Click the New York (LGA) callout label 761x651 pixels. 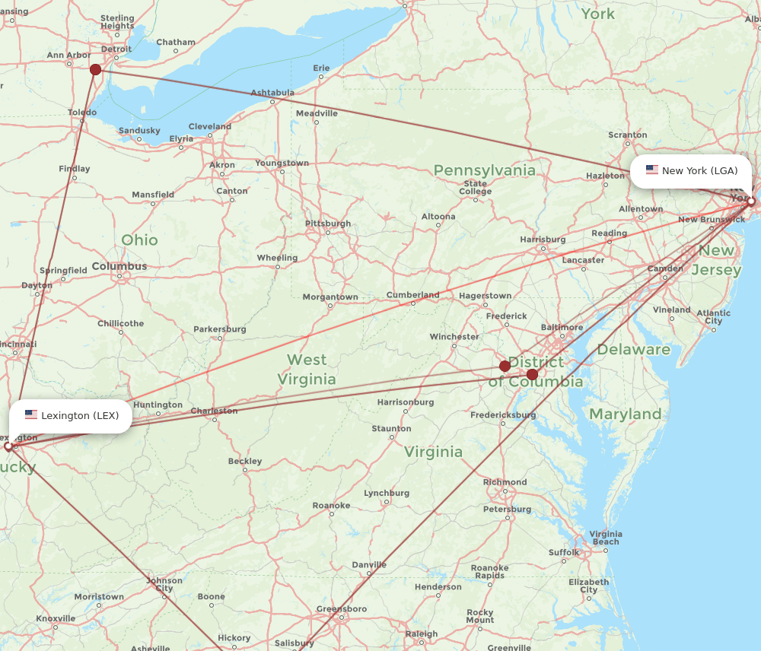[x=691, y=171]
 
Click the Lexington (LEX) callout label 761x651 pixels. [x=71, y=416]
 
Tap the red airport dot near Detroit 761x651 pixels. [x=95, y=70]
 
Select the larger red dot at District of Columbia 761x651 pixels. [x=532, y=374]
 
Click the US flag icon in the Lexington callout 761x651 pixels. [x=31, y=415]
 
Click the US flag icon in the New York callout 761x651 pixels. [x=652, y=170]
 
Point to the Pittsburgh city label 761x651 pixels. [x=328, y=224]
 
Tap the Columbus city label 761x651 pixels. [x=119, y=266]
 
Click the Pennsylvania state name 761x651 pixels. [x=484, y=170]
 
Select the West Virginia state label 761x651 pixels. [x=307, y=370]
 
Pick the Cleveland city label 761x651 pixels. [x=210, y=126]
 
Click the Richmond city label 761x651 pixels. [x=505, y=482]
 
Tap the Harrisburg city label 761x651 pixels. [x=543, y=240]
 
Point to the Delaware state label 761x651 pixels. [x=633, y=350]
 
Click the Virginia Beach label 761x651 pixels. [x=606, y=538]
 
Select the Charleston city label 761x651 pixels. [x=214, y=411]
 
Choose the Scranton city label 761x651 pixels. [x=627, y=135]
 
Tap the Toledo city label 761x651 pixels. [x=82, y=113]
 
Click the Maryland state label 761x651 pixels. [x=625, y=414]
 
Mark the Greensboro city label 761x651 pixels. [x=342, y=609]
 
